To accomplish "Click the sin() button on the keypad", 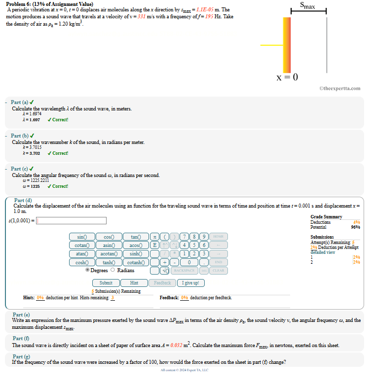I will (x=82, y=237).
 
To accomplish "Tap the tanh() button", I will (x=109, y=262).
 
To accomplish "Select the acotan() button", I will (x=109, y=254).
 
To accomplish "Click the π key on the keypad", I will (x=154, y=237).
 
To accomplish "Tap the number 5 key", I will (x=194, y=246).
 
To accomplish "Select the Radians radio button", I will (x=112, y=270).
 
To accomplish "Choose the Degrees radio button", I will (x=88, y=270).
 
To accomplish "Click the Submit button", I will (x=106, y=283).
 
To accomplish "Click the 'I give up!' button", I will (x=190, y=283).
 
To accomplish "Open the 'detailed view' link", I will (x=323, y=252).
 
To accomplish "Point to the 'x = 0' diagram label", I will (x=288, y=77).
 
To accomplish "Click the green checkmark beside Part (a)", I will (x=32, y=102).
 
